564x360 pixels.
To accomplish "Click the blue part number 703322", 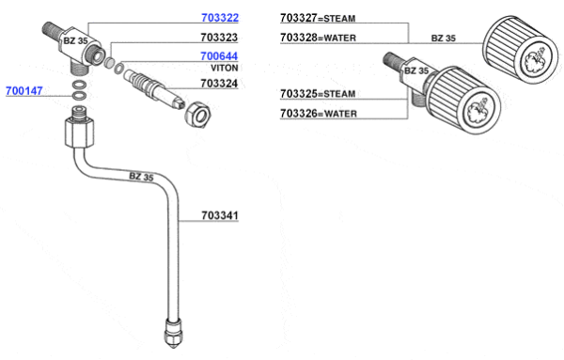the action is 220,18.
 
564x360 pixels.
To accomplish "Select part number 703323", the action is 219,38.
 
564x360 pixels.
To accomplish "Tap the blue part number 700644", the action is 219,56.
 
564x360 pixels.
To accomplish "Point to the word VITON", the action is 225,68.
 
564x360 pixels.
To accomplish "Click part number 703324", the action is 219,84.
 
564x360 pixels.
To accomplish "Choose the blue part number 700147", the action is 24,91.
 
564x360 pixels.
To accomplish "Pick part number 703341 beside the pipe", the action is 220,215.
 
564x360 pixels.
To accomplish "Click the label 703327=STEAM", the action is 318,18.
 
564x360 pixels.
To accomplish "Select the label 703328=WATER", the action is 318,38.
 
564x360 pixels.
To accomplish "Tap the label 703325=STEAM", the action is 318,93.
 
